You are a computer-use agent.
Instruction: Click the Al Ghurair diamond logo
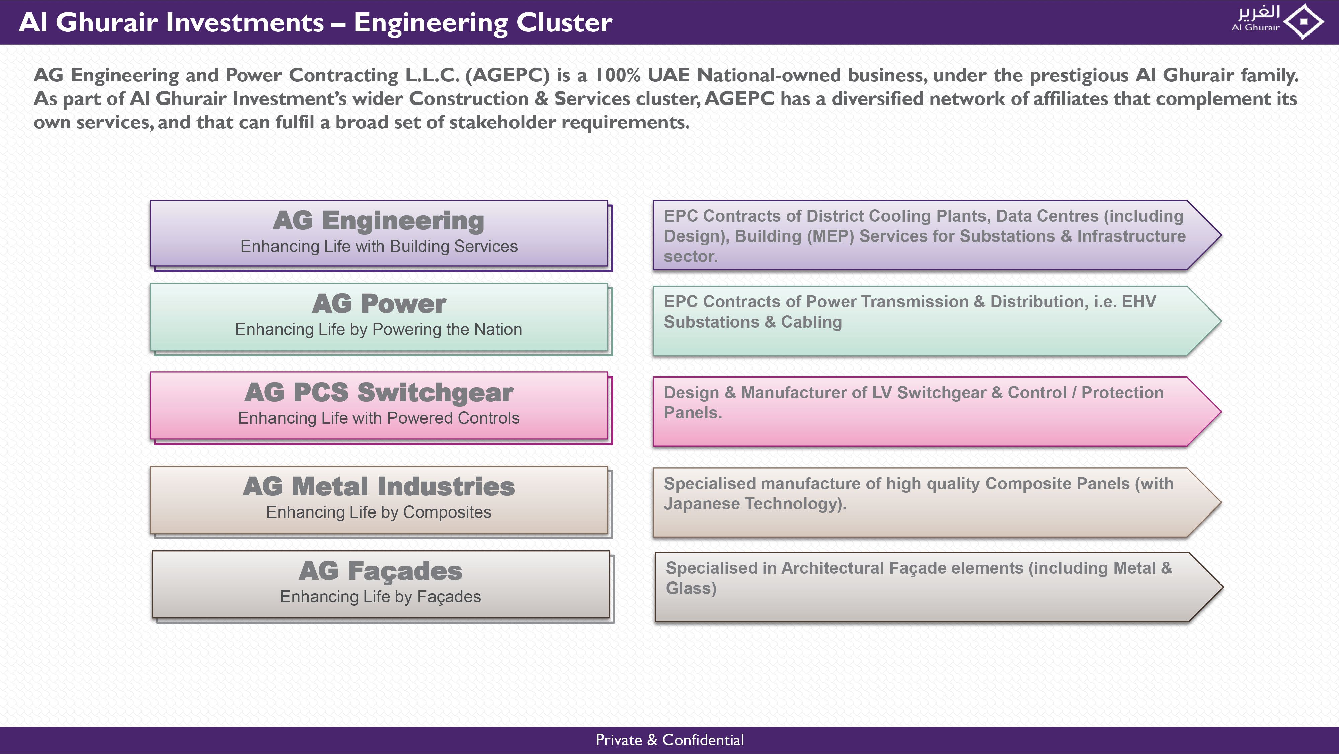point(1304,22)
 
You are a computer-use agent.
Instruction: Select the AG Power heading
point(379,304)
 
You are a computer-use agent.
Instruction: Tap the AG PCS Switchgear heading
point(379,393)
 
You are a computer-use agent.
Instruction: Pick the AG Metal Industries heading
point(379,487)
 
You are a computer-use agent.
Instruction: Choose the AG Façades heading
point(381,571)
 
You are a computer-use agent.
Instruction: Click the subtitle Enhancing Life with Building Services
point(379,247)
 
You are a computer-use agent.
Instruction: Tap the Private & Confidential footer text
point(669,740)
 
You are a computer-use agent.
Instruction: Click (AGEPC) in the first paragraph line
point(507,75)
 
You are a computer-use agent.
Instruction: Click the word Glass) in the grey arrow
point(691,589)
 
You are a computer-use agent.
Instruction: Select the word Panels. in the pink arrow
point(693,413)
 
